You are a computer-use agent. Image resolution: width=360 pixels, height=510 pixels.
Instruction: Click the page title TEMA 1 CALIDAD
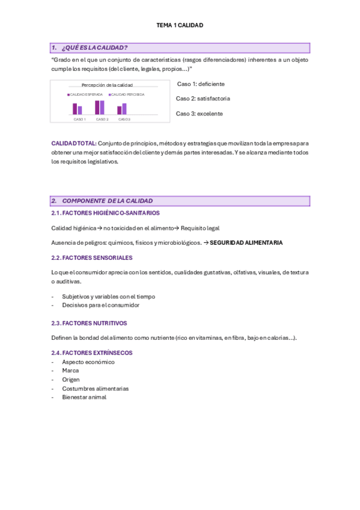[x=180, y=25]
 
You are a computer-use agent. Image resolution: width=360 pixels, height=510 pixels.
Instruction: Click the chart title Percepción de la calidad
[x=107, y=85]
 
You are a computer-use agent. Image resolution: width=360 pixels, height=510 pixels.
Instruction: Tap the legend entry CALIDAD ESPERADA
[x=87, y=94]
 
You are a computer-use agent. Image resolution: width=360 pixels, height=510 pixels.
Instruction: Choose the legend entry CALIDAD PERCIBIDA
[x=128, y=94]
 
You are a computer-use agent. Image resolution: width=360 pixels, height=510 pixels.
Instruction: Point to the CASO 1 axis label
[x=79, y=119]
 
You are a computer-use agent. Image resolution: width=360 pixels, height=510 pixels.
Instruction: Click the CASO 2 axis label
[x=102, y=119]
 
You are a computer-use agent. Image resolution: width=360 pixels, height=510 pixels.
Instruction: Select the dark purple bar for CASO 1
[x=75, y=109]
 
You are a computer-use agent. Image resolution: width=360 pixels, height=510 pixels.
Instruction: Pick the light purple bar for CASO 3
[x=124, y=108]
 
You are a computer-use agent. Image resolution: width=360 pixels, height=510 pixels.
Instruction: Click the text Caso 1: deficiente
[x=201, y=84]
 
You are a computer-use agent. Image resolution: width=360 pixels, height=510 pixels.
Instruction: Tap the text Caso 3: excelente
[x=199, y=113]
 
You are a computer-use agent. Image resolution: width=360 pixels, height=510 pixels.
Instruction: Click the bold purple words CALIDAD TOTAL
[x=73, y=143]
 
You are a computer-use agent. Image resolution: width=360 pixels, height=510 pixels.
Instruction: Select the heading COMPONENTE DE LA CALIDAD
[x=107, y=201]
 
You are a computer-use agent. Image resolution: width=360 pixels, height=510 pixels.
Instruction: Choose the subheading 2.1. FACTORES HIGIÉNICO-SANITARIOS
[x=105, y=213]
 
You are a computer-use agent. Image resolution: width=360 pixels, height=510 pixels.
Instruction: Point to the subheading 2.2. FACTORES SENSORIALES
[x=91, y=257]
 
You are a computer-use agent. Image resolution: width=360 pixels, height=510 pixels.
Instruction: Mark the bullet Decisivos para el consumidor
[x=100, y=305]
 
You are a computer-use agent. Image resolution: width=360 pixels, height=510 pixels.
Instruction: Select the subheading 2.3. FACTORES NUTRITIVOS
[x=89, y=323]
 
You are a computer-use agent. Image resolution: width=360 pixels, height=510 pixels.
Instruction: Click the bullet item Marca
[x=70, y=370]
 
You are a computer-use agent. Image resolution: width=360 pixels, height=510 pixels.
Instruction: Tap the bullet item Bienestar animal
[x=84, y=397]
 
